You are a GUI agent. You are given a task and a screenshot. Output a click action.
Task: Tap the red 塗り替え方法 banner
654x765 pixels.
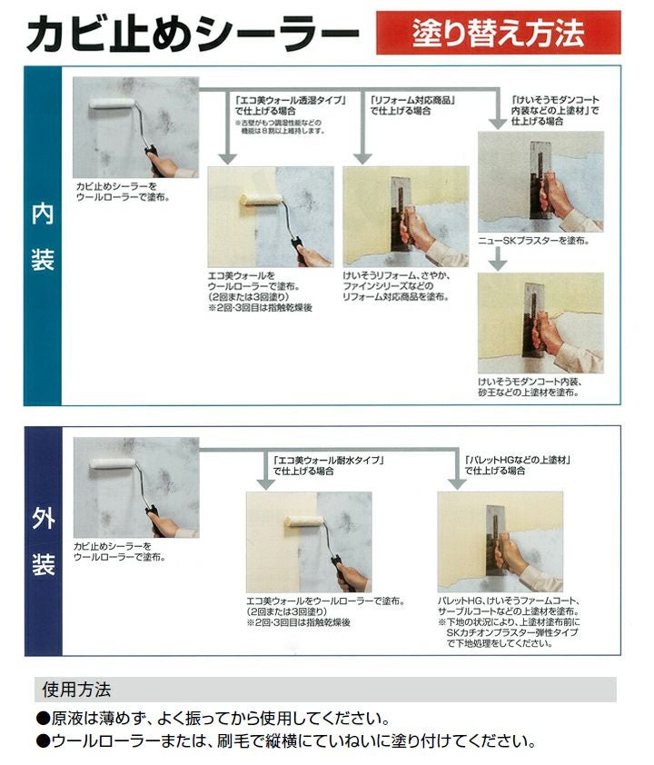tap(498, 33)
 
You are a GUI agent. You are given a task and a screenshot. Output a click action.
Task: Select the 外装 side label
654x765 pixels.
tap(42, 541)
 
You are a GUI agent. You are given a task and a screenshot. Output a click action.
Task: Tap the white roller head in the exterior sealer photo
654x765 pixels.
tap(114, 464)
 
